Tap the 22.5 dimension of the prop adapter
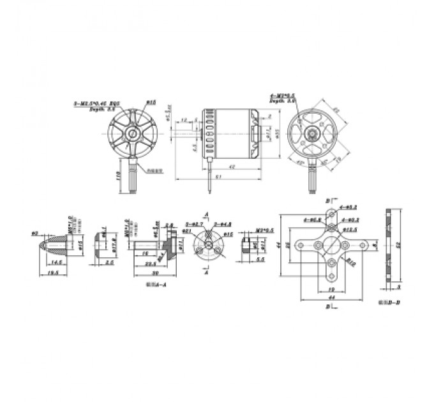(x=151, y=263)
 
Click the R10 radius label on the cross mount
(x=350, y=260)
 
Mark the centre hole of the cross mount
(x=330, y=245)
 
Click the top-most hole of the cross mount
(x=330, y=214)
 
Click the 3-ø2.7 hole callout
(x=193, y=224)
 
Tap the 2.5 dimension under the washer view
(x=109, y=263)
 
